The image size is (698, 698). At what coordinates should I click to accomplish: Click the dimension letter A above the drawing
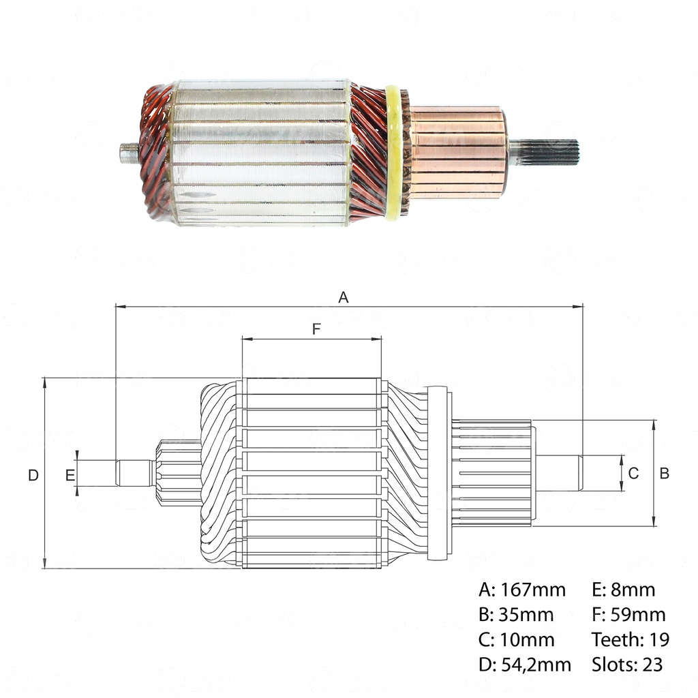click(x=344, y=297)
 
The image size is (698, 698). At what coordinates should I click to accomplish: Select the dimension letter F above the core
click(x=316, y=329)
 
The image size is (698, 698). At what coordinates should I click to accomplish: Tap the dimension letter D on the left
click(x=33, y=475)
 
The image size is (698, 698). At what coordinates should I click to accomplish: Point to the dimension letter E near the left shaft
click(x=70, y=475)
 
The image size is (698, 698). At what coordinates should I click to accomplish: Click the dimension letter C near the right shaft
click(x=633, y=473)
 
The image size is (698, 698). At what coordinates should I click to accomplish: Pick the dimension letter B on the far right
click(x=665, y=473)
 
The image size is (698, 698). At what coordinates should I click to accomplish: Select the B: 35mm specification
click(x=516, y=615)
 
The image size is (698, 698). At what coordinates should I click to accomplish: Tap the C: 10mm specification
click(x=516, y=639)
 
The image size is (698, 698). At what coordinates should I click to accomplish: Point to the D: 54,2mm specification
click(x=525, y=664)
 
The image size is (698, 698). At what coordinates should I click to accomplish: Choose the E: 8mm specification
click(x=624, y=590)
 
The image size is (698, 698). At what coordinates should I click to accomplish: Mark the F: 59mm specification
click(x=628, y=615)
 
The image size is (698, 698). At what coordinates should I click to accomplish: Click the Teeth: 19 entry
click(x=631, y=639)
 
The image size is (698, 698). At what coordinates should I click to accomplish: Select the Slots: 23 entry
click(x=627, y=664)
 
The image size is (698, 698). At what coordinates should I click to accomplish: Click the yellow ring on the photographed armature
click(x=393, y=153)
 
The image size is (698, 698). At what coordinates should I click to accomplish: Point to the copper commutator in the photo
click(x=457, y=153)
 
